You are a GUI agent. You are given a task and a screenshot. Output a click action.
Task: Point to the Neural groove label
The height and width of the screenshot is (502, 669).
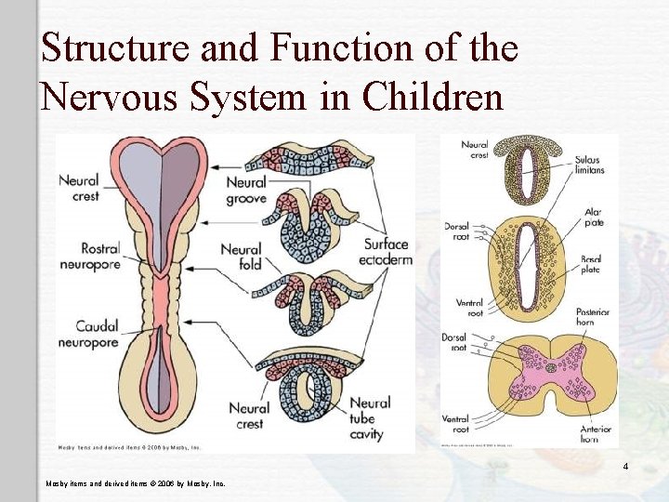click(x=246, y=191)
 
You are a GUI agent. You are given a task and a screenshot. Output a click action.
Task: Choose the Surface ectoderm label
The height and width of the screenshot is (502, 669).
click(x=387, y=252)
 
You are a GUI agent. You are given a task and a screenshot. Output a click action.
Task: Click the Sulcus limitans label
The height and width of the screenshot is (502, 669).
click(x=589, y=165)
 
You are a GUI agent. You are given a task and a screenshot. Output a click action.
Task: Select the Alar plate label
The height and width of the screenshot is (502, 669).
click(x=593, y=218)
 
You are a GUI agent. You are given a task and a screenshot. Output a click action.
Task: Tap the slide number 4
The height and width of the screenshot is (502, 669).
click(x=626, y=466)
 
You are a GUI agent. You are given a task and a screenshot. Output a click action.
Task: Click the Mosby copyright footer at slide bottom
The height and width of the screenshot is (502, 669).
click(x=136, y=483)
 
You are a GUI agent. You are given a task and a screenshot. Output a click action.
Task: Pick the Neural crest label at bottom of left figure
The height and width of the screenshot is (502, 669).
click(x=249, y=415)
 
